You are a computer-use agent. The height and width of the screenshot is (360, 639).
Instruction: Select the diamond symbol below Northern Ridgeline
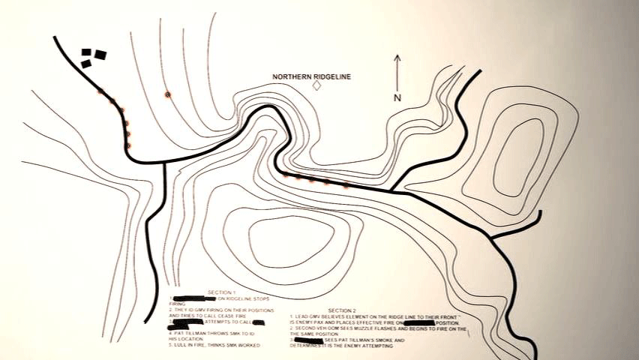316,85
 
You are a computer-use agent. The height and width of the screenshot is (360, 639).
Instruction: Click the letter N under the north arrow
397,97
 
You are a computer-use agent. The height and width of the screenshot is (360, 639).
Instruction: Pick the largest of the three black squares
100,54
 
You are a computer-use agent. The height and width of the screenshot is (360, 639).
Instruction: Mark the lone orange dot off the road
168,94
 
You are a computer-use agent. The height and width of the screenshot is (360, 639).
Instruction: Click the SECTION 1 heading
222,292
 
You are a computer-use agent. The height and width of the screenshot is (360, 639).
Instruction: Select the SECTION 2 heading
341,310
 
